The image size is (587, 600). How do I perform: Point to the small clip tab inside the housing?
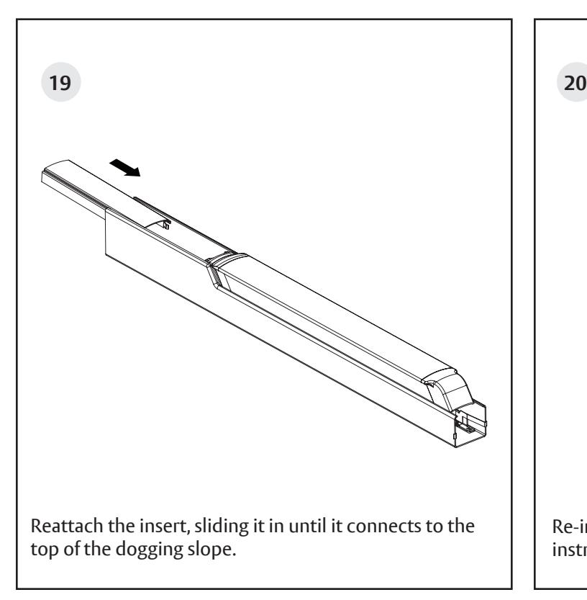165,225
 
